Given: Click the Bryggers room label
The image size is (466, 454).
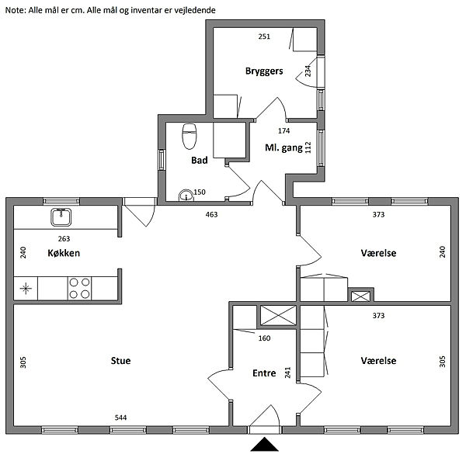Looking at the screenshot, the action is point(264,71).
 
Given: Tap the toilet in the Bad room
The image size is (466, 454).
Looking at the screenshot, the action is point(189,137).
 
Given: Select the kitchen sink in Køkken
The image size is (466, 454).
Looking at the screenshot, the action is point(61,217).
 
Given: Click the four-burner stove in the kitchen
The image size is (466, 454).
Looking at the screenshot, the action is point(79,288).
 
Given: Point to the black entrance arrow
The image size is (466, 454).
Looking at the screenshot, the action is point(264,444).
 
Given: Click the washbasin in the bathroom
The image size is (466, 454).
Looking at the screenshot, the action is point(186,195).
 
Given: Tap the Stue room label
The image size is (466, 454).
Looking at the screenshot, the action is point(120,361).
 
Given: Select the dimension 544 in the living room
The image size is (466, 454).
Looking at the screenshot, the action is point(120,418).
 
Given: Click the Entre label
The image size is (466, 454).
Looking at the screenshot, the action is point(264,373).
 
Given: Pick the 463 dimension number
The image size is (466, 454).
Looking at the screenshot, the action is point(211,214).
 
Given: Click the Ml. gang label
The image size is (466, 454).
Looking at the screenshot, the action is point(283,148).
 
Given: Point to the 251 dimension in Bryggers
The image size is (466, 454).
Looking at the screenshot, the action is point(264,36).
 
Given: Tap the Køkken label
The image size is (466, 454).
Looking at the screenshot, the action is point(64,253).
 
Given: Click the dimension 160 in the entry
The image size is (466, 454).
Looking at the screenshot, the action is point(264,338).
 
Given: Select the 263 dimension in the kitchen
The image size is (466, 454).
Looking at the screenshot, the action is point(64,239).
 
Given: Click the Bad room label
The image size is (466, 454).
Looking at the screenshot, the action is point(200,161).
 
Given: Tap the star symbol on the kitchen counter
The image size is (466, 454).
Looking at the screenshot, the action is point(26,288).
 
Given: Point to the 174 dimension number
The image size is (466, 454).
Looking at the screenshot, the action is point(283,130).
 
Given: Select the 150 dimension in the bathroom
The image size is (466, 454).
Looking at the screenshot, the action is point(200,192).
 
